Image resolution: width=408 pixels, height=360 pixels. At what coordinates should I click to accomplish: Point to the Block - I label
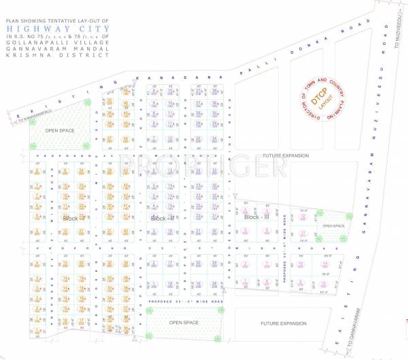(73, 219)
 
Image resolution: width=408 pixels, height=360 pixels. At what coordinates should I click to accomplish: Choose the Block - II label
(163, 219)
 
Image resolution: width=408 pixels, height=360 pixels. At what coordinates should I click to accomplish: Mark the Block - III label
(257, 217)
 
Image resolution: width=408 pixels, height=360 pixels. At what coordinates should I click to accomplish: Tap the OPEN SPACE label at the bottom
(183, 323)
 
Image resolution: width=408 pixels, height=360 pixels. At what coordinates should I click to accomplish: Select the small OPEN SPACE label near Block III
(333, 226)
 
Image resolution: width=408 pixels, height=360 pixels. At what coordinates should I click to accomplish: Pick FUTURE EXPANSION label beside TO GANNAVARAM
(285, 323)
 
